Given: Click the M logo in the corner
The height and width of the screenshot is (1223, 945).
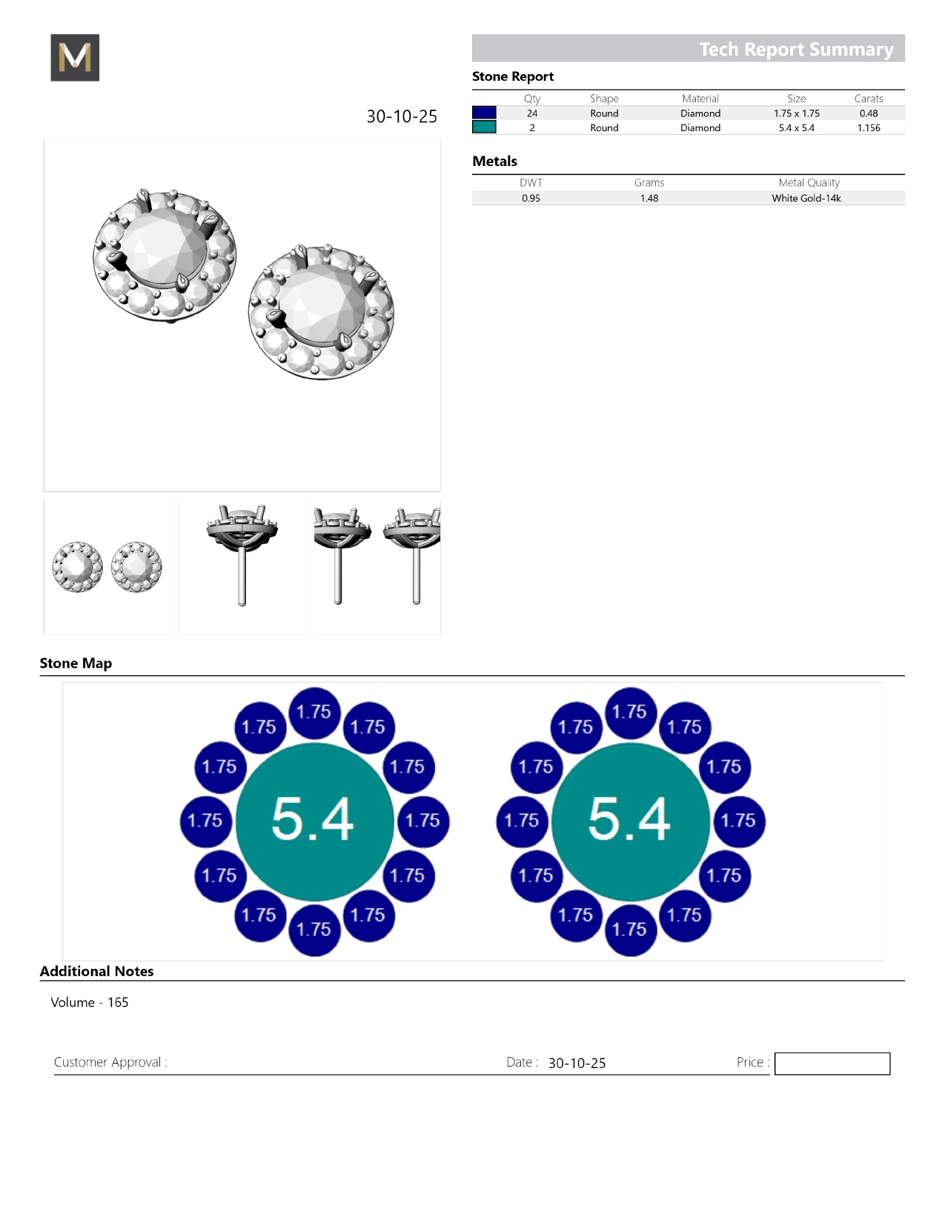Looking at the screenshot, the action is pos(75,57).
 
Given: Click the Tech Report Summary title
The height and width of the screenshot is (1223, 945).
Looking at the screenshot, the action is pos(796,50).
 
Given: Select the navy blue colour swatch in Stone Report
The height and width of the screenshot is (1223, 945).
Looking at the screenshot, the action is pos(484,113).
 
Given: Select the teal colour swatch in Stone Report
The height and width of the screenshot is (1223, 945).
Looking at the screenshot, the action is pos(484,127).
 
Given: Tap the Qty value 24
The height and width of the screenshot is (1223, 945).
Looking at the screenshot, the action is pos(532,113).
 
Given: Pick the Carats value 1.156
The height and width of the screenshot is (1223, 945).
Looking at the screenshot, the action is pos(869,127).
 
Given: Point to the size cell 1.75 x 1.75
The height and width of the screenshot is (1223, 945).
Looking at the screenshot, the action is pos(797,113).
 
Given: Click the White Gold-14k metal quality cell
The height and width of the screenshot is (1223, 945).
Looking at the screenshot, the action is pos(806,198).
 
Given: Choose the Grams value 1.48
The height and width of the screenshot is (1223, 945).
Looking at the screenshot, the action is pos(649,198).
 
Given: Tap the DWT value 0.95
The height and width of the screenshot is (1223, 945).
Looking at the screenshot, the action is pos(531,198).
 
